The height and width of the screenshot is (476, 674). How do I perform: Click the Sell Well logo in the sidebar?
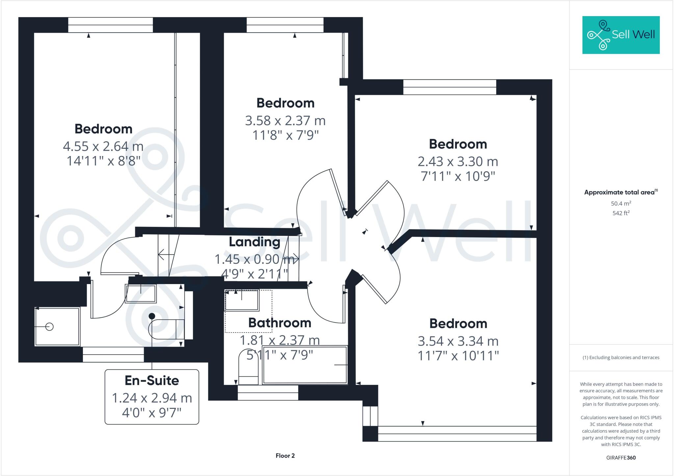point(621,35)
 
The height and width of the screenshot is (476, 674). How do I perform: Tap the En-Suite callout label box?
point(152,397)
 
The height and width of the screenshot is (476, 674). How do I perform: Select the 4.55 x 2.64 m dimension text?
point(103,146)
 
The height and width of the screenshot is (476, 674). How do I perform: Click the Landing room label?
point(254,242)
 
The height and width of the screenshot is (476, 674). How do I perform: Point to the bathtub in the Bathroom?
point(305,365)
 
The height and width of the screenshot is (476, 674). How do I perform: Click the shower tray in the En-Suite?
point(57,327)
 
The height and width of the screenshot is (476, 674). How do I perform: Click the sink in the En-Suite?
point(141,294)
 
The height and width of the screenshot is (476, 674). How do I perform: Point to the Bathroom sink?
point(242,300)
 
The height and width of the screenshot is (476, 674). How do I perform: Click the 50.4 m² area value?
point(621,203)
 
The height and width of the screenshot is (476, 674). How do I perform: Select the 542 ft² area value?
point(621,213)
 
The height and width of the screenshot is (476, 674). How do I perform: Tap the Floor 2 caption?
point(285,456)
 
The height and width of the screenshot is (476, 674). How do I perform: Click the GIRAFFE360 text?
point(621,458)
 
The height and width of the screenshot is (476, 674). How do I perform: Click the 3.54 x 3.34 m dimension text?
point(458,341)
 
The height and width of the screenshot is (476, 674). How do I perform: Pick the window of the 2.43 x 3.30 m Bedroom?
point(450,87)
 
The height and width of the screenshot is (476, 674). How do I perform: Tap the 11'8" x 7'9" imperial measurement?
point(285,135)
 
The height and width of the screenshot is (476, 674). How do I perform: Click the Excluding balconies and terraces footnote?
point(621,357)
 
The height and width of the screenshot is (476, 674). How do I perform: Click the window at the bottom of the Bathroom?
point(268,393)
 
